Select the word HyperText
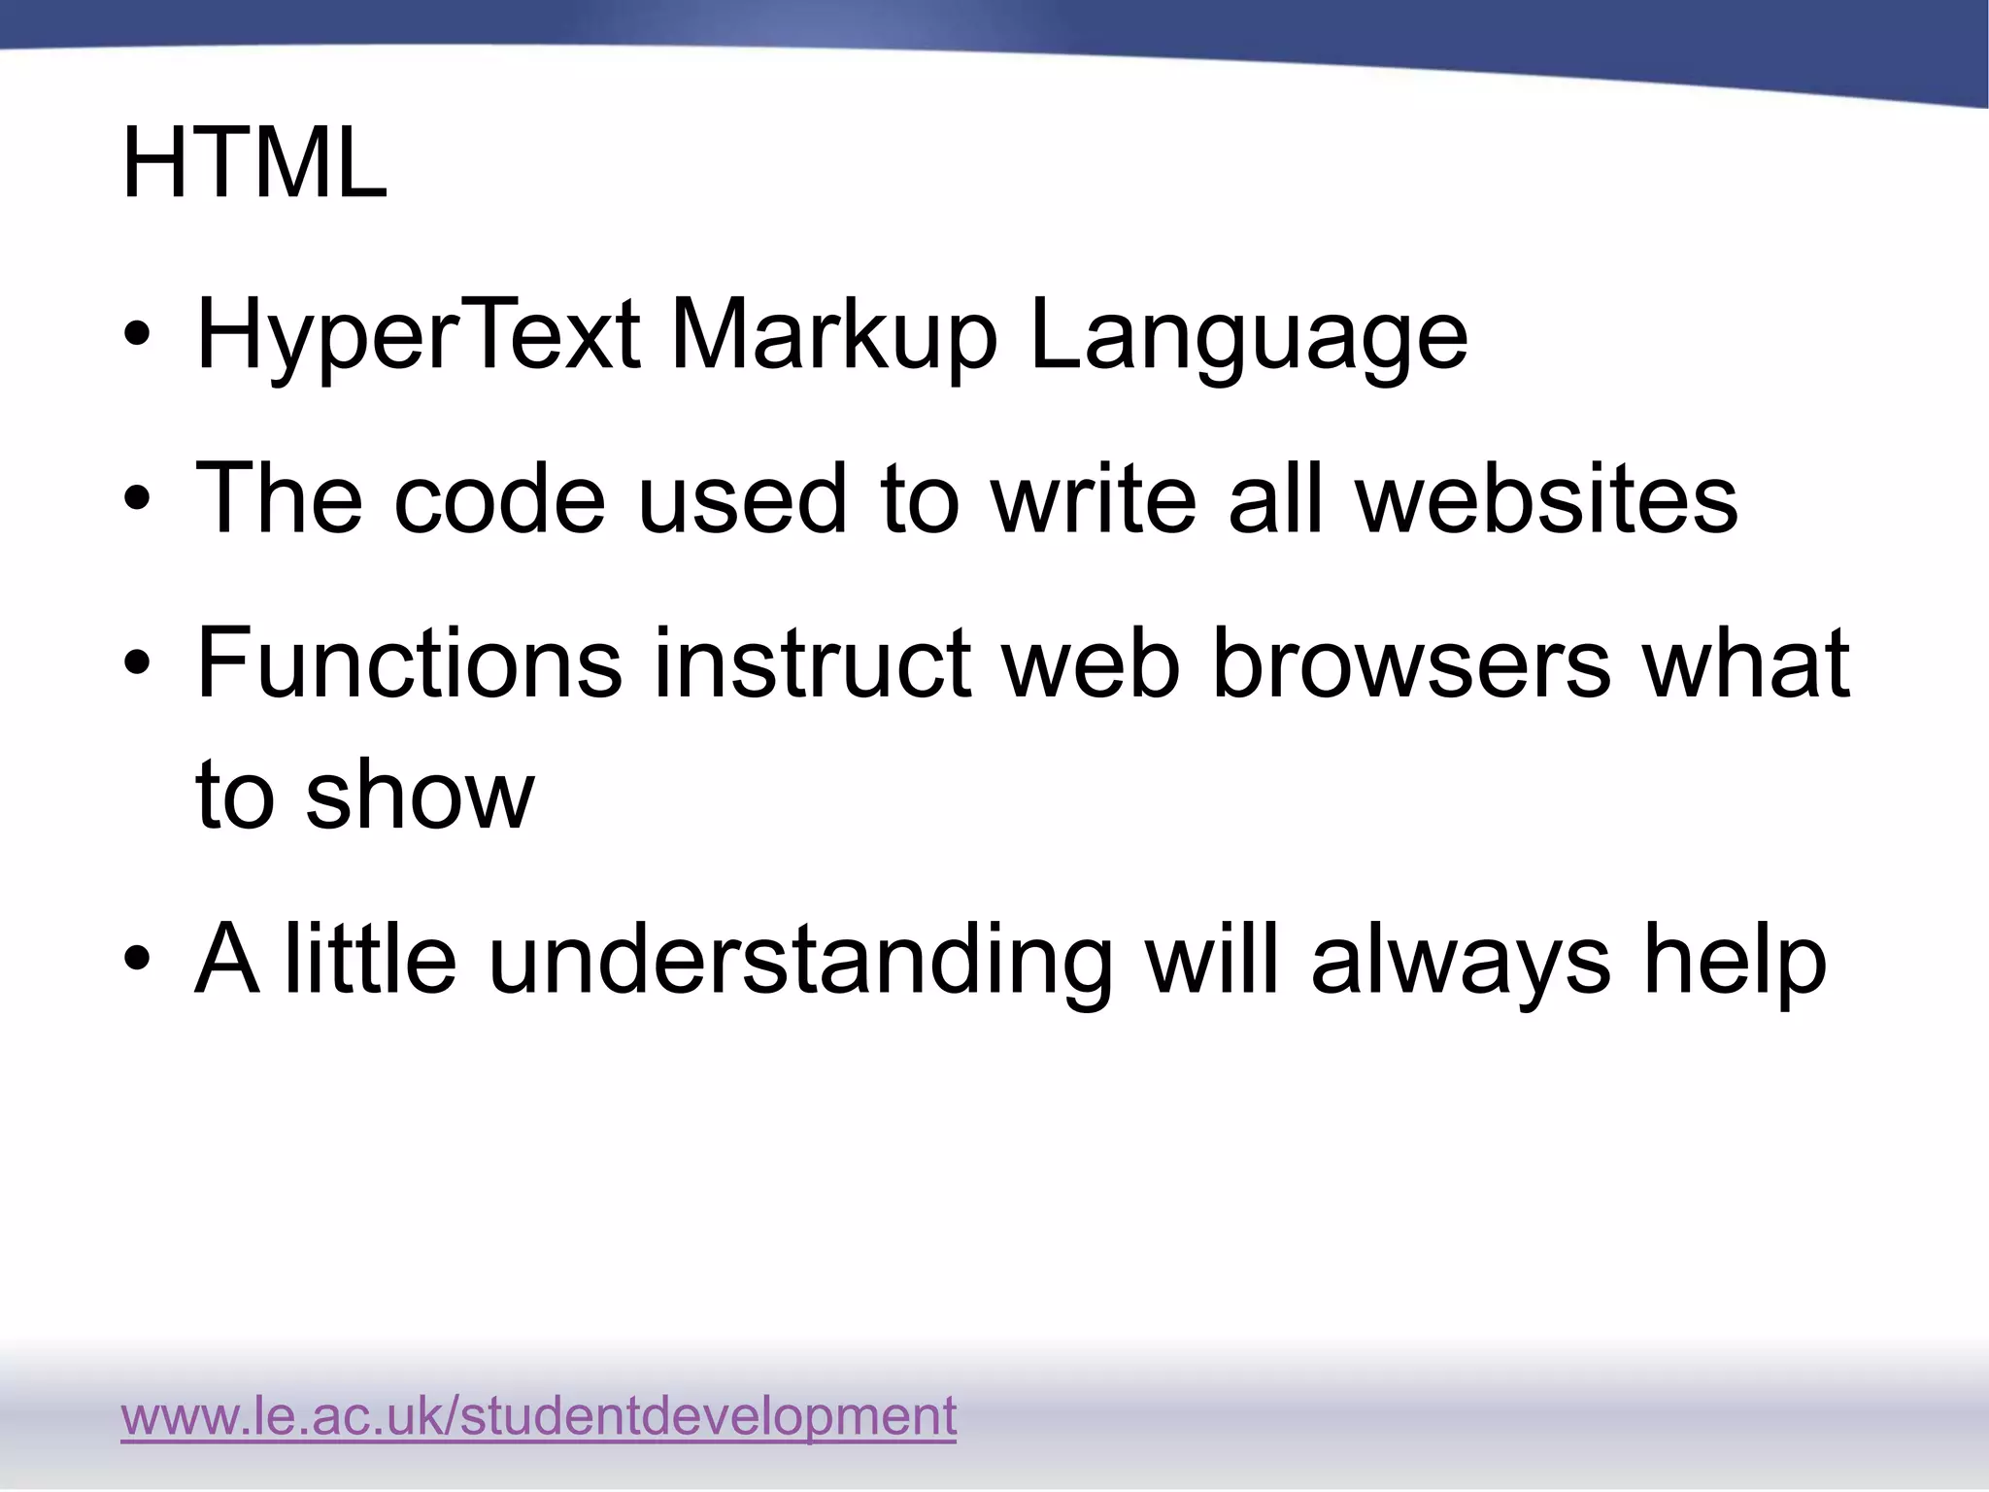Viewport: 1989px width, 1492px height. click(418, 336)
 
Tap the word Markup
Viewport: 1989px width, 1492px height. click(833, 336)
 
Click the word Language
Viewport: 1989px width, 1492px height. click(1248, 336)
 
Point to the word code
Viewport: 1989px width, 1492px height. click(499, 498)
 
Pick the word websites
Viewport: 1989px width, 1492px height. click(1546, 498)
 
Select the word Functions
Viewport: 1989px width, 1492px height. click(409, 663)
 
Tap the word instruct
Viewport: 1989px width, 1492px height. click(812, 663)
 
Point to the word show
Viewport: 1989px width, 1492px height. click(419, 795)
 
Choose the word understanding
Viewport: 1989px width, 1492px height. click(799, 961)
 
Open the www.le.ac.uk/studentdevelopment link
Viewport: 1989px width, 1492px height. click(539, 1416)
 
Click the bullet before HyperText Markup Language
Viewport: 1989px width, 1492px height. click(137, 335)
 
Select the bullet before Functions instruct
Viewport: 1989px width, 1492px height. click(137, 664)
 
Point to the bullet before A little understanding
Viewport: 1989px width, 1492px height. click(137, 959)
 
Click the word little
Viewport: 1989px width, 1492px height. click(369, 961)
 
